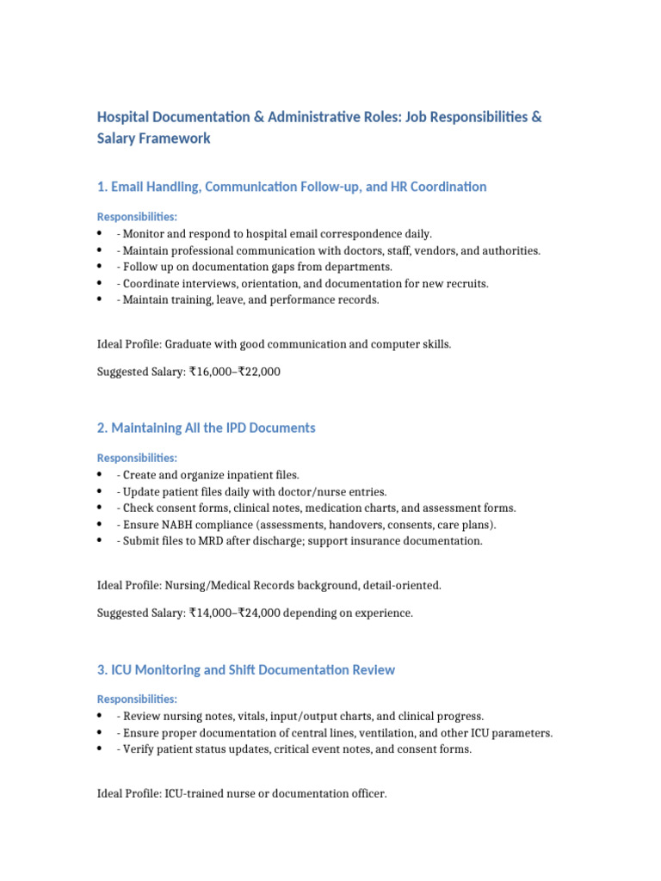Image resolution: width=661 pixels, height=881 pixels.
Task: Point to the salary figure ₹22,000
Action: pos(259,372)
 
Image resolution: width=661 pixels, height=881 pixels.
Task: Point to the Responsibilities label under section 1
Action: pos(137,217)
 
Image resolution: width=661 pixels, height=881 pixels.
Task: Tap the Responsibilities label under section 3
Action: pos(137,699)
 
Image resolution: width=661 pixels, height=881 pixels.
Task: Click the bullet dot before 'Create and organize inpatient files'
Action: pos(101,475)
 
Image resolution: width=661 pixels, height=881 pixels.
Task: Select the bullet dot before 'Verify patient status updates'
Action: pos(101,749)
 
